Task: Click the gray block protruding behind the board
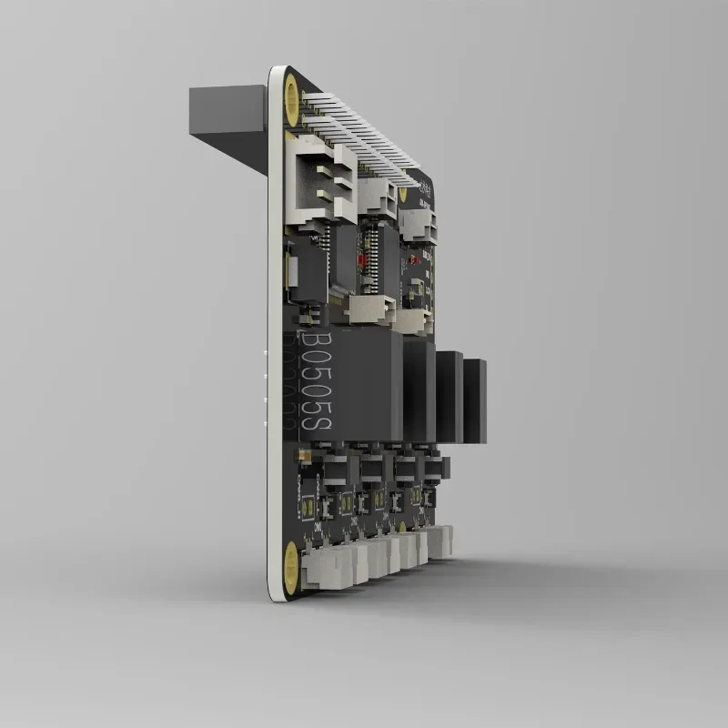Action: click(227, 111)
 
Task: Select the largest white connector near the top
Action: click(320, 182)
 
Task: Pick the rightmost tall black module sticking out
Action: click(474, 400)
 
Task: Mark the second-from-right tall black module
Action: click(450, 398)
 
